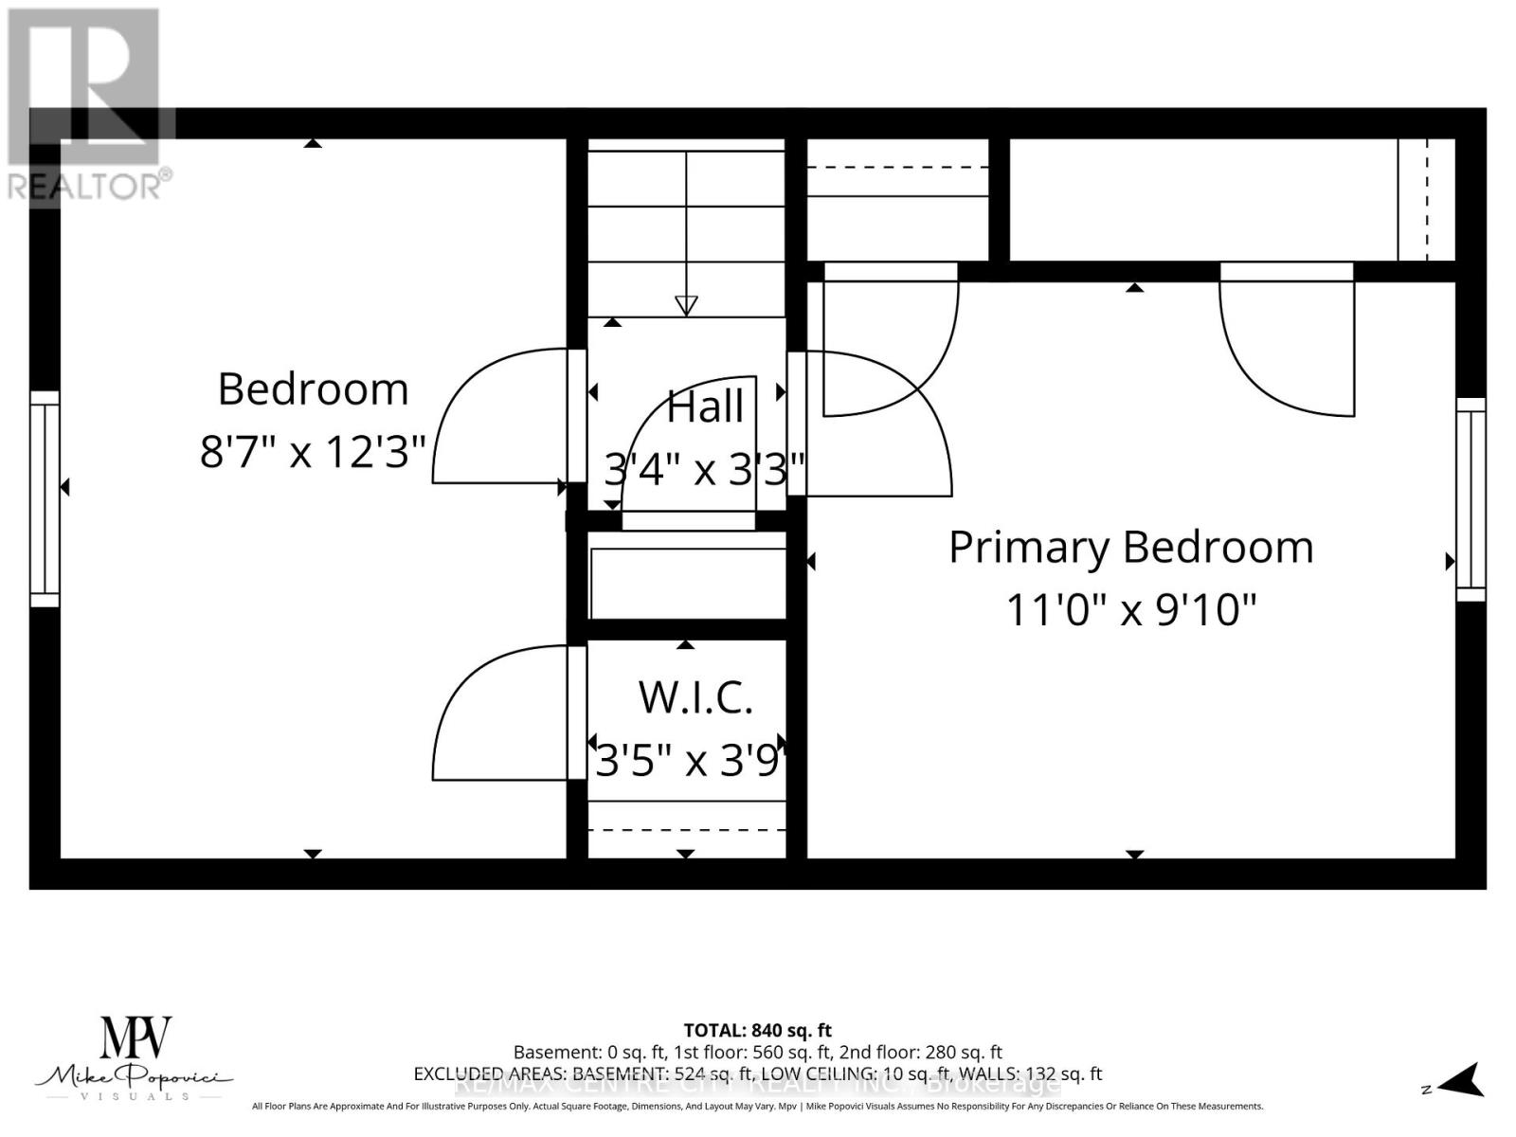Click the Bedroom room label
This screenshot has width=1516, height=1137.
[313, 389]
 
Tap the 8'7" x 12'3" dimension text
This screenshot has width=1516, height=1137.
[313, 452]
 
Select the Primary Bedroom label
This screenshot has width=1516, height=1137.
[1130, 548]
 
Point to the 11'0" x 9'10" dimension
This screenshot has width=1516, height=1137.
[1130, 609]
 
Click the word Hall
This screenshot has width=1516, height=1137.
[705, 407]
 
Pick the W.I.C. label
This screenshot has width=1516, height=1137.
[695, 698]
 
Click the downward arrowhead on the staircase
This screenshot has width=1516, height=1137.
[686, 306]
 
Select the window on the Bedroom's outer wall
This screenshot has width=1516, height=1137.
[45, 498]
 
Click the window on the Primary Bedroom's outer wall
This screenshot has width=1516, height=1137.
[1471, 499]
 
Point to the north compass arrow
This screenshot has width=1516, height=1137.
[1464, 1080]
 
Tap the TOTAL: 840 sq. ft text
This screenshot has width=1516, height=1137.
[757, 1030]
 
